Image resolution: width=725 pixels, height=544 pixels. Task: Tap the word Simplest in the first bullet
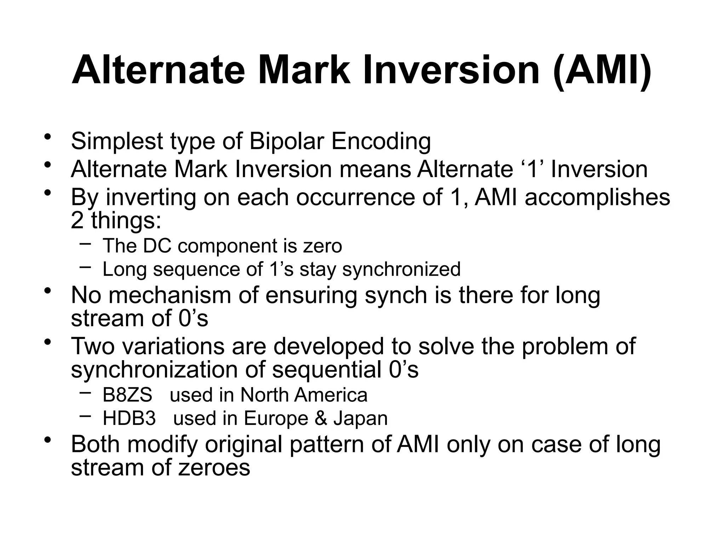tap(117, 141)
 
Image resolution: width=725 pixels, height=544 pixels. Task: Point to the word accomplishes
tap(597, 197)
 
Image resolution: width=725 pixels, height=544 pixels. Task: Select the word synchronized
tap(401, 269)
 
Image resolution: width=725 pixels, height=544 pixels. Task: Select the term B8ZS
tap(127, 395)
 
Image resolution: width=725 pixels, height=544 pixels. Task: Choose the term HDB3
tap(129, 418)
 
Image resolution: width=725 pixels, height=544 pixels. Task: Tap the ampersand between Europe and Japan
tap(320, 418)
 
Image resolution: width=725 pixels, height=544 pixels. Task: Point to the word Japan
tap(360, 418)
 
